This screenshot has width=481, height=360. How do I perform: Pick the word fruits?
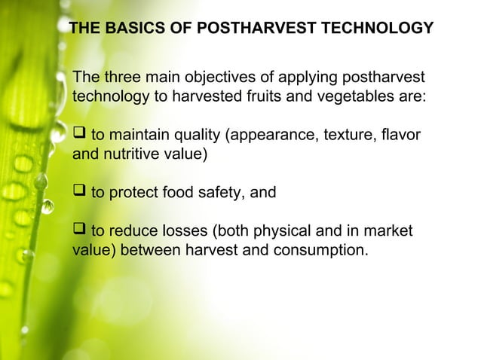268,97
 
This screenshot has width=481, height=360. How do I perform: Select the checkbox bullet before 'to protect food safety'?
79,192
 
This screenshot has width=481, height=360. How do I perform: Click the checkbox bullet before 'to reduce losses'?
79,230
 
